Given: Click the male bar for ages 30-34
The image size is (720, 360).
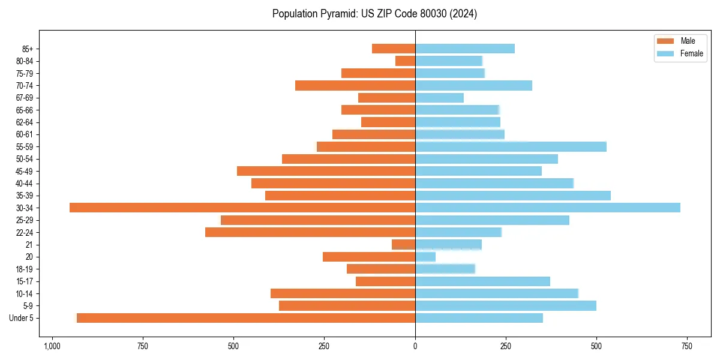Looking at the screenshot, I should (x=242, y=208).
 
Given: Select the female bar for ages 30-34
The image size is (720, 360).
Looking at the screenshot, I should (x=548, y=208).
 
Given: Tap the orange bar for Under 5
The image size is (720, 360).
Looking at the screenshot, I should (x=246, y=318).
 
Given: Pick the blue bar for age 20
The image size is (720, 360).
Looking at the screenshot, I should (x=425, y=257).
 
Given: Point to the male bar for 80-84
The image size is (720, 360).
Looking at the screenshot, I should (x=405, y=61).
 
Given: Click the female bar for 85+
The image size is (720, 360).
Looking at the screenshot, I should (x=465, y=49).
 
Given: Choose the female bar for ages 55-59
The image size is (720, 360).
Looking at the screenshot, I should (x=511, y=146).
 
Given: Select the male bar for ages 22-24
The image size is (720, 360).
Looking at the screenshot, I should (x=310, y=232).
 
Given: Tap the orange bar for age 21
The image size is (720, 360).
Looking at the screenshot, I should (x=403, y=245).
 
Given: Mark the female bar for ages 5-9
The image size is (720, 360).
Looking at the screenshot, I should (x=506, y=306).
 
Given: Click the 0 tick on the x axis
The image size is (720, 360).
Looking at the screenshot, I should (x=415, y=346).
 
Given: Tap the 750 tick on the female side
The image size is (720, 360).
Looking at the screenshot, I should (x=687, y=346).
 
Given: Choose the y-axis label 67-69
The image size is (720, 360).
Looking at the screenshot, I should (x=29, y=98).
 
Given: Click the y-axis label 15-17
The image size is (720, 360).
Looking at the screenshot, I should (x=29, y=281).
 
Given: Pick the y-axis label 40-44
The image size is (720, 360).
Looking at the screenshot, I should (x=29, y=184).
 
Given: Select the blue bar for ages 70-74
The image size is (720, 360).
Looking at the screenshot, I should (x=473, y=85).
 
